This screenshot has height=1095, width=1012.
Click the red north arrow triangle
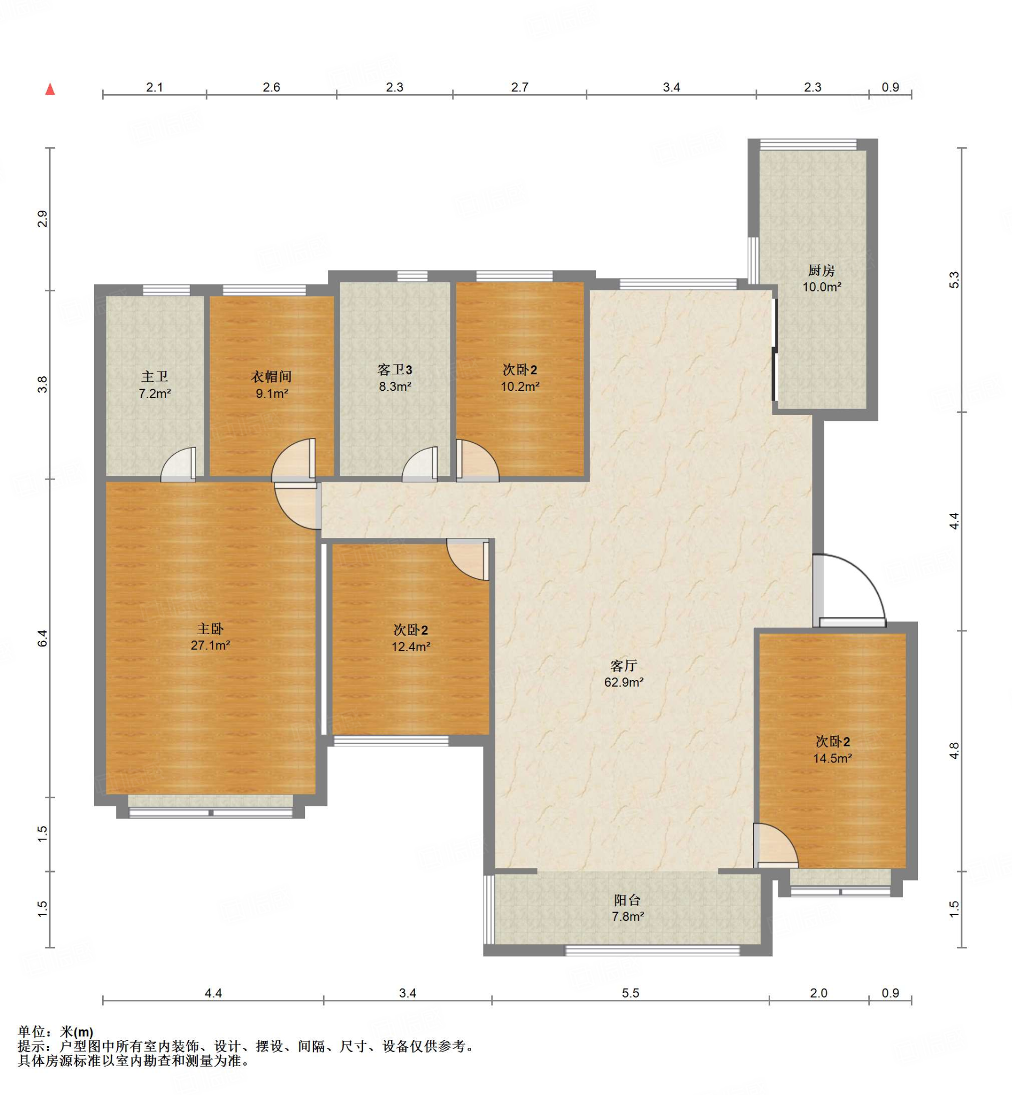point(50,89)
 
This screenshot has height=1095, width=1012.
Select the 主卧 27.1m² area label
point(210,637)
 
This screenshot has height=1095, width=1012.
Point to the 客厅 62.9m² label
point(624,674)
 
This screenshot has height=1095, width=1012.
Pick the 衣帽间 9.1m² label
point(272,385)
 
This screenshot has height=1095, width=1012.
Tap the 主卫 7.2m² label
point(155,385)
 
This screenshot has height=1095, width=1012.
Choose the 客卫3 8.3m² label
point(395,378)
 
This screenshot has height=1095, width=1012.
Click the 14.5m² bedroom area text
point(832,758)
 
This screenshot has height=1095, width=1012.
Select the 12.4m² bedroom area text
point(411,646)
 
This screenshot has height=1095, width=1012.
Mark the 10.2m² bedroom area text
point(520,387)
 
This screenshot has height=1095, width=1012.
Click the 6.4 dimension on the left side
point(43,638)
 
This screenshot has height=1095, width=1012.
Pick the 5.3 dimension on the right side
point(954,280)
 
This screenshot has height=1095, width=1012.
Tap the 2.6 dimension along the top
point(271,87)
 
